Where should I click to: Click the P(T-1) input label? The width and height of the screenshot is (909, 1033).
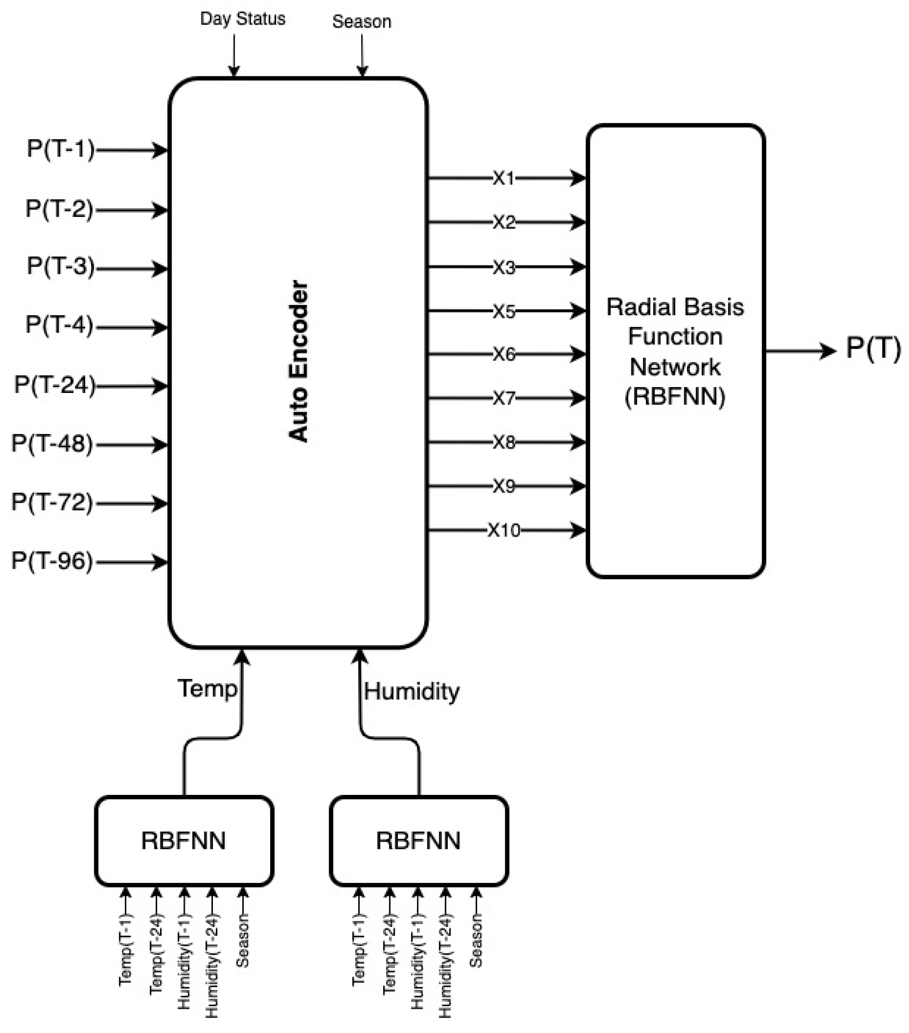point(61,149)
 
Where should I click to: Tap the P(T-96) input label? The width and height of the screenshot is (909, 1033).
point(52,561)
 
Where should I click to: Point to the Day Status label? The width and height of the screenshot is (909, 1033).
point(243,19)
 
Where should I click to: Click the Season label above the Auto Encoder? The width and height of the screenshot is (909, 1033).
point(362,22)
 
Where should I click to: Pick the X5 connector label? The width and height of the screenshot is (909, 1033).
point(504,311)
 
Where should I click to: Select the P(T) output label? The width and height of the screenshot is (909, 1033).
point(873,348)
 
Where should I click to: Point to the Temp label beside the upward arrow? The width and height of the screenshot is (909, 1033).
point(207,688)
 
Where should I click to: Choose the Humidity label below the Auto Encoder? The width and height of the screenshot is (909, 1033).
point(411,691)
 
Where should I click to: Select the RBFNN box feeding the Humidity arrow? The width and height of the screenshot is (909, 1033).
point(418,841)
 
